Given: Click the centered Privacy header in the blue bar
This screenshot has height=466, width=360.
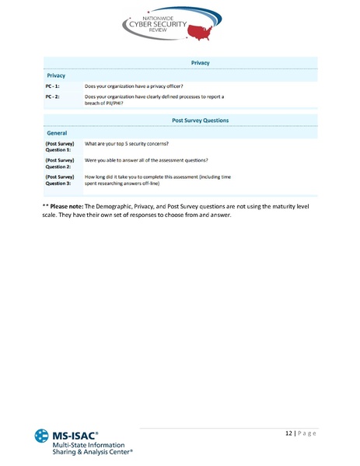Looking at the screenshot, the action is click(x=200, y=62).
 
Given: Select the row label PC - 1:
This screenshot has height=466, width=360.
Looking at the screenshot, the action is click(x=54, y=85).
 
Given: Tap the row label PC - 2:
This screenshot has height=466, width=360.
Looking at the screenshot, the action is click(x=54, y=96).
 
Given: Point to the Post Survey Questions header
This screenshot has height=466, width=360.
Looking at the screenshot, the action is click(x=200, y=121).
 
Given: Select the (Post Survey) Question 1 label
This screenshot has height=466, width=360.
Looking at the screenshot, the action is click(x=59, y=148).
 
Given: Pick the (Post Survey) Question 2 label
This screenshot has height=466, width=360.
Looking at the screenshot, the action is click(x=59, y=163).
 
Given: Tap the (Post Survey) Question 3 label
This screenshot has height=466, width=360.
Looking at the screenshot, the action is click(x=59, y=180).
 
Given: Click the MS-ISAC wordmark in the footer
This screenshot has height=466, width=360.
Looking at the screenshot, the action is click(x=75, y=433).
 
